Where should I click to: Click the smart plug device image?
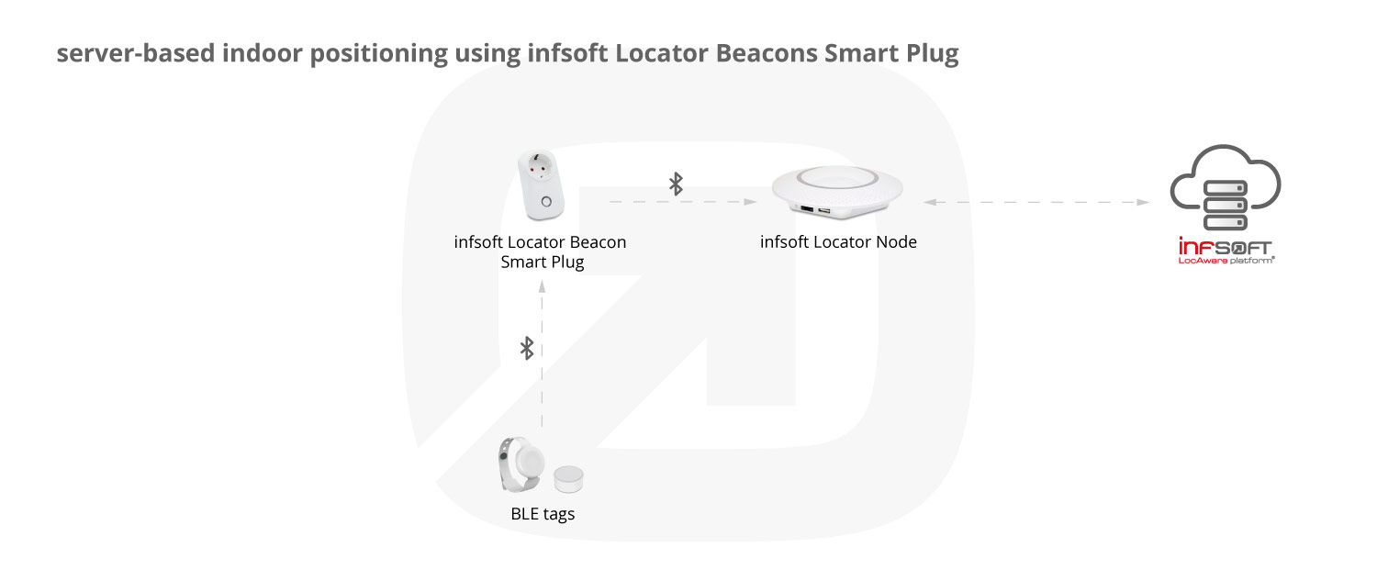click(541, 184)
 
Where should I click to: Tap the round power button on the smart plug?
click(546, 202)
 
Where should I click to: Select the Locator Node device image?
click(837, 192)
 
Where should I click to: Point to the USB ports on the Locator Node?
click(815, 210)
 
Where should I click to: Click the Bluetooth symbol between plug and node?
click(676, 184)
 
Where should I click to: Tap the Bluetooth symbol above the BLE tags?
click(527, 348)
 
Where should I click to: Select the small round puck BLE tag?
click(568, 479)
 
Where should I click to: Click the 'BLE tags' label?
click(543, 513)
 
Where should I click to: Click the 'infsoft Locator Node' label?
click(838, 241)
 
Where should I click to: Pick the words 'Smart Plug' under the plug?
click(542, 262)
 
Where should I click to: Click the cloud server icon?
click(1226, 187)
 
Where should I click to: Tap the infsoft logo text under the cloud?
click(1225, 247)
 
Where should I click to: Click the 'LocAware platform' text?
click(1226, 261)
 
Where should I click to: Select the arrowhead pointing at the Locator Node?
click(750, 202)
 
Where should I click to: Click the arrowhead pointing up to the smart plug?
click(542, 286)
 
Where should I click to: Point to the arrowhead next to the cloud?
click(1143, 202)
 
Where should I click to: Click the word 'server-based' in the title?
click(136, 53)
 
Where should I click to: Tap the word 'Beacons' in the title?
click(767, 53)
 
